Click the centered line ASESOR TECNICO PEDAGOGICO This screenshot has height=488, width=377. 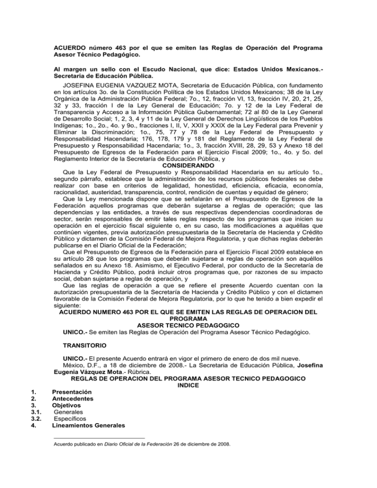pos(188,325)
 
